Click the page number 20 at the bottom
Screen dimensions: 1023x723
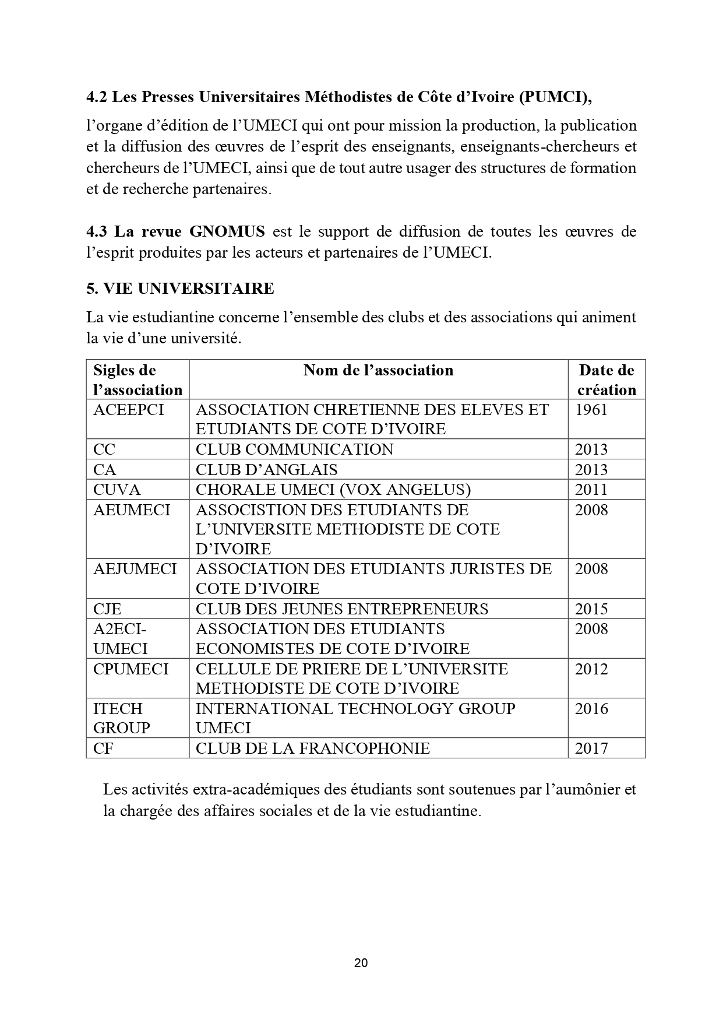coord(361,962)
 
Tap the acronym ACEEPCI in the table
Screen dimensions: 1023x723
coord(128,410)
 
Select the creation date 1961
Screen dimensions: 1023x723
coord(591,410)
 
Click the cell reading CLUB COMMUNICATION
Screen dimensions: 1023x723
coord(294,449)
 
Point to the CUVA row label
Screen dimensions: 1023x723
coord(117,490)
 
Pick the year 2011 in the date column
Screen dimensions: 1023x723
coord(591,490)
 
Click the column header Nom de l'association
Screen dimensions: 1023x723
coord(378,370)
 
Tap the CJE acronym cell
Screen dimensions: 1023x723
coord(107,609)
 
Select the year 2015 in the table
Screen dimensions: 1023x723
coord(591,609)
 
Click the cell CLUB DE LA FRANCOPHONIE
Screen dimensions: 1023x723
coord(313,748)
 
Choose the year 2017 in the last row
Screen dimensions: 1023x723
coord(591,748)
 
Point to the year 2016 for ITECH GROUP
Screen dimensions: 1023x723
coord(591,709)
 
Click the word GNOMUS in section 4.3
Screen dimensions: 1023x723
coord(227,231)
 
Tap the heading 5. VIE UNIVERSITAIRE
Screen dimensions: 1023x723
coord(180,289)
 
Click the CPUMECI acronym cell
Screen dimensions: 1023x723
coord(131,669)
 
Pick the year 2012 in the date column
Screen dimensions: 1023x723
coord(591,669)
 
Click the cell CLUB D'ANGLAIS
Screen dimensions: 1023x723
coord(266,470)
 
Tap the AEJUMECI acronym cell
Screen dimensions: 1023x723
coord(135,569)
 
